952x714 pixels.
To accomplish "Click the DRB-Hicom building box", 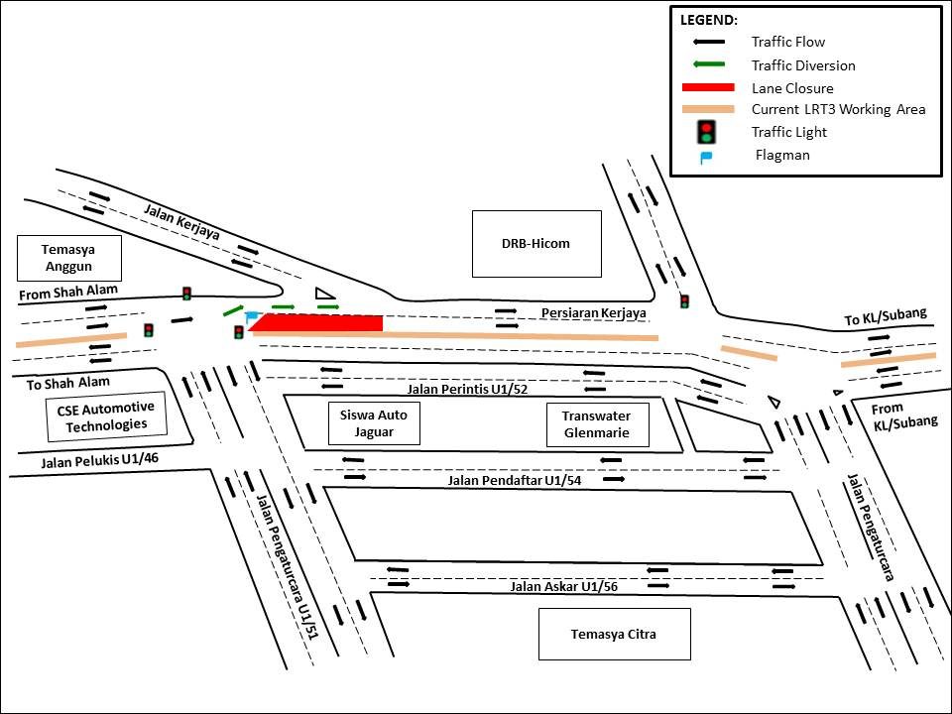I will click(x=536, y=243).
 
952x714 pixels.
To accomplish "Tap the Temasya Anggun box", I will click(x=69, y=258).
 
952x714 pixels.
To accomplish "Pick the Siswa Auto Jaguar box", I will click(x=374, y=424).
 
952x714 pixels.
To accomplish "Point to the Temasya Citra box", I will click(x=614, y=634).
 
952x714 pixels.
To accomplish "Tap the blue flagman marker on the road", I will click(x=252, y=316).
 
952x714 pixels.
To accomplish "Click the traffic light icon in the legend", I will click(x=706, y=131).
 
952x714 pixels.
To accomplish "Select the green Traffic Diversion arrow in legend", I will click(x=707, y=64).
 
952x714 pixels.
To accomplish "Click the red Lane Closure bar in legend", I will click(x=707, y=87).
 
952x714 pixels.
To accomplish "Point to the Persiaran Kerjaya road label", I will click(x=593, y=313).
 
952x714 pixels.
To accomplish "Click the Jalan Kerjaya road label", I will click(x=181, y=221).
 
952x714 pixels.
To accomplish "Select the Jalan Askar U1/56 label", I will click(x=563, y=586).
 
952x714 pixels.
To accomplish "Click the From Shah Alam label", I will click(x=68, y=291).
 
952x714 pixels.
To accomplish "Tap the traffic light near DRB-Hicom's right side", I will click(x=684, y=300).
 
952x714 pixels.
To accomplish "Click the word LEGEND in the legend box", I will click(x=709, y=19).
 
